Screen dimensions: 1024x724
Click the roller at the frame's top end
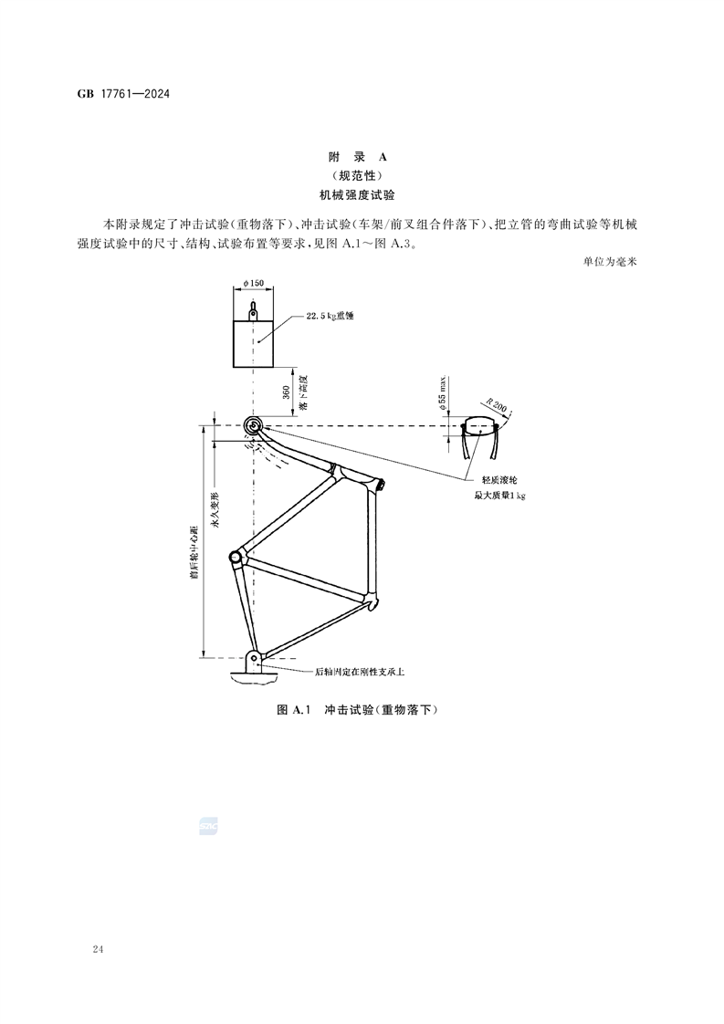(x=253, y=425)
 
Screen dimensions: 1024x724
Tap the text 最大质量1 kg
(x=500, y=496)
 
